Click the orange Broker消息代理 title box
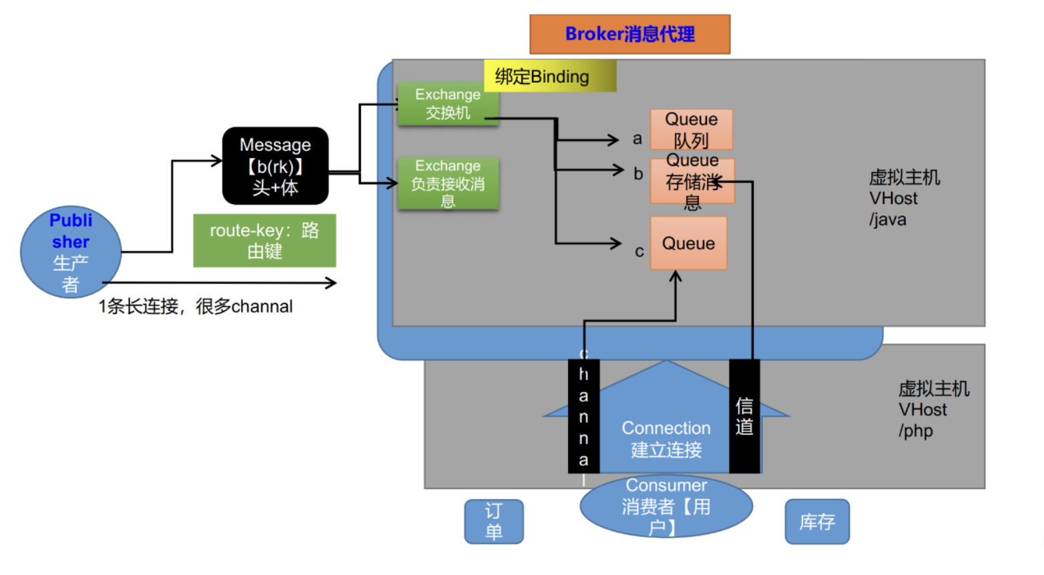click(x=629, y=34)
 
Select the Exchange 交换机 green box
click(x=447, y=103)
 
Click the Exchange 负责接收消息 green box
click(x=447, y=183)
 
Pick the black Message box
click(x=275, y=165)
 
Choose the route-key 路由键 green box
click(x=264, y=240)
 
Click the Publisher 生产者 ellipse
click(x=71, y=251)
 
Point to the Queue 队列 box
click(x=691, y=129)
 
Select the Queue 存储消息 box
click(x=692, y=181)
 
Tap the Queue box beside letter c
click(x=688, y=243)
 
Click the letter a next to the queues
click(x=637, y=139)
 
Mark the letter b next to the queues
click(x=638, y=174)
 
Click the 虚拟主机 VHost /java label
click(x=904, y=198)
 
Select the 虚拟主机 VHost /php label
click(x=933, y=410)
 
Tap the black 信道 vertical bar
click(x=744, y=416)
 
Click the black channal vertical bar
click(x=583, y=416)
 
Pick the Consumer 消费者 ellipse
click(x=666, y=506)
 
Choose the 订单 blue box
click(x=494, y=521)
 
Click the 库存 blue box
click(x=817, y=521)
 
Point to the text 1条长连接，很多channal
click(x=196, y=306)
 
